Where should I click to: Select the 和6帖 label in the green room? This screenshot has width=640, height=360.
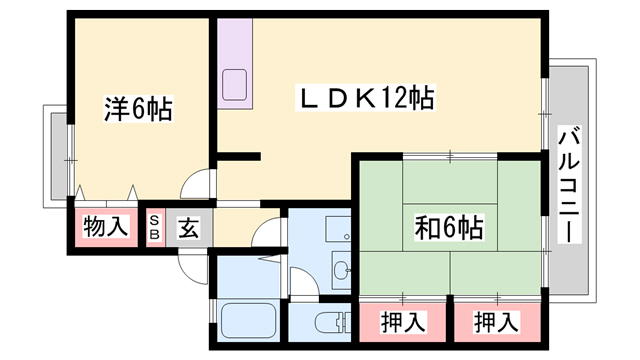click(x=449, y=227)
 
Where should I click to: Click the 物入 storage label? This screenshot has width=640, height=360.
click(x=105, y=227)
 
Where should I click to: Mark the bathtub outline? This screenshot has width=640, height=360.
click(x=248, y=323)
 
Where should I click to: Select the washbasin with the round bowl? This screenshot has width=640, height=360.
click(x=340, y=268)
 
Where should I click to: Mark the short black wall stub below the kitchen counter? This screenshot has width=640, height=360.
click(x=238, y=155)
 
